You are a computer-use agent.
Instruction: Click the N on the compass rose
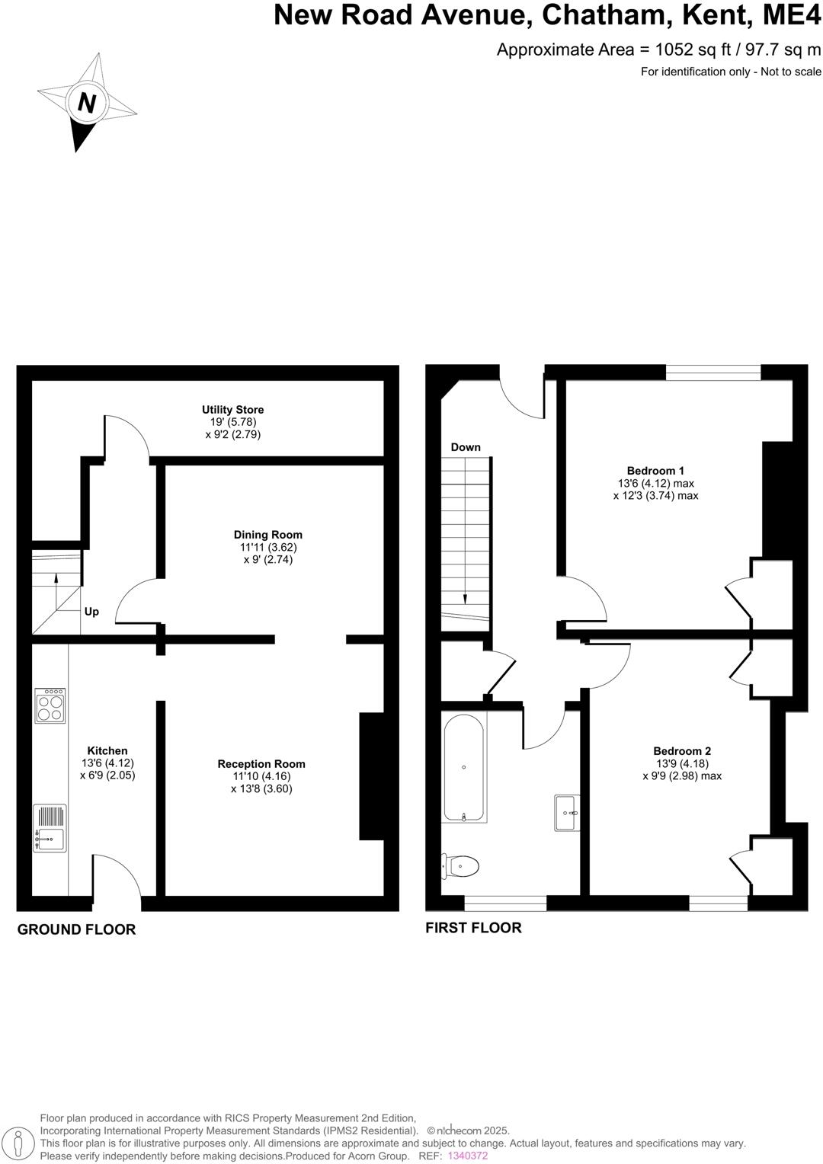pyautogui.click(x=86, y=102)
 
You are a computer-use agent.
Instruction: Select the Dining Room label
pyautogui.click(x=267, y=535)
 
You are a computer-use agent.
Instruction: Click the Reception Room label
pyautogui.click(x=261, y=764)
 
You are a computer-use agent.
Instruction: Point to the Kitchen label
pyautogui.click(x=107, y=751)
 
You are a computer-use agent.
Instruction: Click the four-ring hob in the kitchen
pyautogui.click(x=50, y=705)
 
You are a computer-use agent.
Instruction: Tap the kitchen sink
pyautogui.click(x=50, y=828)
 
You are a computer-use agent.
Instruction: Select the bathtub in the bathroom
pyautogui.click(x=464, y=768)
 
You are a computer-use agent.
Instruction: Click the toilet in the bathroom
pyautogui.click(x=462, y=866)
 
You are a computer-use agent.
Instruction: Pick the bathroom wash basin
pyautogui.click(x=567, y=814)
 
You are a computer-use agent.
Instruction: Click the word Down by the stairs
pyautogui.click(x=466, y=447)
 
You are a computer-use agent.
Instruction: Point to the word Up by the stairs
pyautogui.click(x=91, y=612)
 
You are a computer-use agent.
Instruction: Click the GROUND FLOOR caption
pyautogui.click(x=76, y=929)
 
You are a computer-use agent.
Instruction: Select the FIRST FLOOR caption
pyautogui.click(x=473, y=928)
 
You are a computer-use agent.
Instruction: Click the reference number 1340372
pyautogui.click(x=467, y=1156)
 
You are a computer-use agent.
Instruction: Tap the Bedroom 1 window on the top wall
pyautogui.click(x=713, y=372)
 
